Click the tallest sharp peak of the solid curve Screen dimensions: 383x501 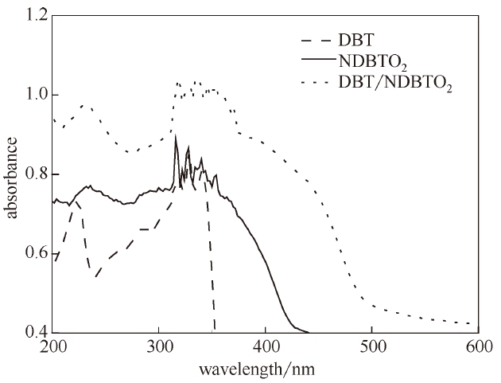pyautogui.click(x=176, y=136)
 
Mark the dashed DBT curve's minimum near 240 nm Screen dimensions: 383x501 pyautogui.click(x=95, y=276)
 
